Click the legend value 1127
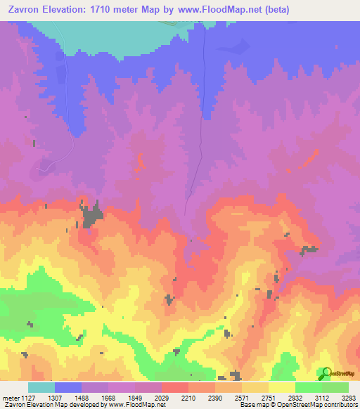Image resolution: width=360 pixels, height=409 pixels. pyautogui.click(x=28, y=396)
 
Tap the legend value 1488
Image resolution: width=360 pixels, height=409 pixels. pyautogui.click(x=82, y=396)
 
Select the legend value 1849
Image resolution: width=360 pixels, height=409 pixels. pyautogui.click(x=136, y=396)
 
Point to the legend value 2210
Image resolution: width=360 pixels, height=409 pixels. pyautogui.click(x=188, y=396)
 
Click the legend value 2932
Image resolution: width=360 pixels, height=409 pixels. pyautogui.click(x=295, y=396)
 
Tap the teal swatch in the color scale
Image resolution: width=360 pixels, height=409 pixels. pyautogui.click(x=41, y=387)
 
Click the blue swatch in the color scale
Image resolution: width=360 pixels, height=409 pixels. pyautogui.click(x=68, y=387)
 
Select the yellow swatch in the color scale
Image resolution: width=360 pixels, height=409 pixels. pyautogui.click(x=281, y=387)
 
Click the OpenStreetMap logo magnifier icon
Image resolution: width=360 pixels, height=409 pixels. pyautogui.click(x=325, y=372)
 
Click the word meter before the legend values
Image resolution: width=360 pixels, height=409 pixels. pyautogui.click(x=11, y=396)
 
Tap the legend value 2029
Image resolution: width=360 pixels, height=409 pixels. pyautogui.click(x=162, y=396)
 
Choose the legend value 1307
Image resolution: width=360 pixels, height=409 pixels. pyautogui.click(x=56, y=396)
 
